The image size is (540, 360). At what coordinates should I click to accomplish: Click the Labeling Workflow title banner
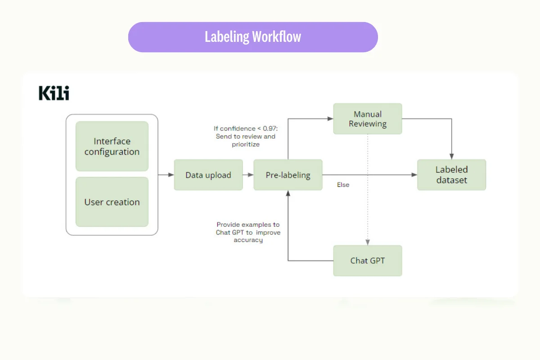coord(253,37)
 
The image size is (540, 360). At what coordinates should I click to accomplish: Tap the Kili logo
coord(54,93)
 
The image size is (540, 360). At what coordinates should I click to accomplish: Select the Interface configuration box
coord(112,146)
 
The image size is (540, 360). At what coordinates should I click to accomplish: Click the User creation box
coord(112,202)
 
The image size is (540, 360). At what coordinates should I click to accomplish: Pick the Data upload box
coord(208,175)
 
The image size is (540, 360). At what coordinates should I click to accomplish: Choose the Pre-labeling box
coord(288,175)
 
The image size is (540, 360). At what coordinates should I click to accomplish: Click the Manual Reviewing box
coord(368,119)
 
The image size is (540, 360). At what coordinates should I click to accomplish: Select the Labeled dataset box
coord(452,175)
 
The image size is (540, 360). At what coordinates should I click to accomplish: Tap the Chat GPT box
coord(368,261)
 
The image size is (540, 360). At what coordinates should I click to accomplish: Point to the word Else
coord(343,184)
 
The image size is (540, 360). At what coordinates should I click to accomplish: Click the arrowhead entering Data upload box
coord(171,175)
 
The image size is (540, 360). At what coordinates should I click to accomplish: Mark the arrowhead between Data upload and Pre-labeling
coord(250,175)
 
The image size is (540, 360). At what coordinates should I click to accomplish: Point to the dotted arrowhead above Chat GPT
coord(368,242)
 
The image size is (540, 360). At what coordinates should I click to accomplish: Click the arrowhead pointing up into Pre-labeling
coord(288,193)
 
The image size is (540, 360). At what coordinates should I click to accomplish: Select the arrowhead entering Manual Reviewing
coord(330,119)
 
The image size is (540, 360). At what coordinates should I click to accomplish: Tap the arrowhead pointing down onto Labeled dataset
coord(452,156)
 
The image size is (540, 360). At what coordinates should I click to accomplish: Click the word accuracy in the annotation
coord(248,240)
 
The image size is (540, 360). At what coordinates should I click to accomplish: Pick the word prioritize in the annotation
coord(246,144)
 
